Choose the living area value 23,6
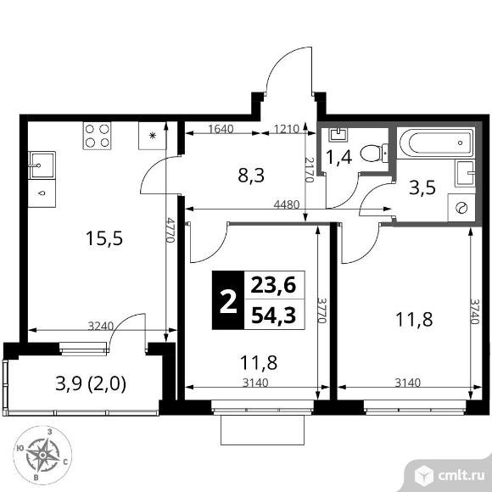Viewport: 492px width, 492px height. (x=269, y=285)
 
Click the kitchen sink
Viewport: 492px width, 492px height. (x=42, y=162)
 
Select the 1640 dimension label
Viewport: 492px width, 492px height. (x=221, y=130)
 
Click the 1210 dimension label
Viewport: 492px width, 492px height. (x=286, y=130)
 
